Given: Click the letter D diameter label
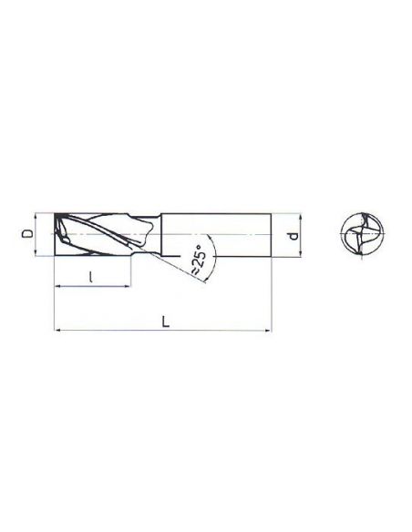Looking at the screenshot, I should [x=26, y=234].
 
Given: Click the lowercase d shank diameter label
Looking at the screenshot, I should [x=292, y=236].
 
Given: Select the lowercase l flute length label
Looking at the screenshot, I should [x=93, y=277].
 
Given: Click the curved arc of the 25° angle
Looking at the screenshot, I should [x=210, y=251].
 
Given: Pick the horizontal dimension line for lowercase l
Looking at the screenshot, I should [x=91, y=287].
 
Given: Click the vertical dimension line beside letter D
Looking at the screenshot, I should [x=36, y=235].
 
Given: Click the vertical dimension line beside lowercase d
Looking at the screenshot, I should [x=301, y=236].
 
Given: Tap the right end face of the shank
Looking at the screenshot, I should [x=272, y=235].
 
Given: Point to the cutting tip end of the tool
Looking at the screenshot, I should [x=57, y=235].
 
